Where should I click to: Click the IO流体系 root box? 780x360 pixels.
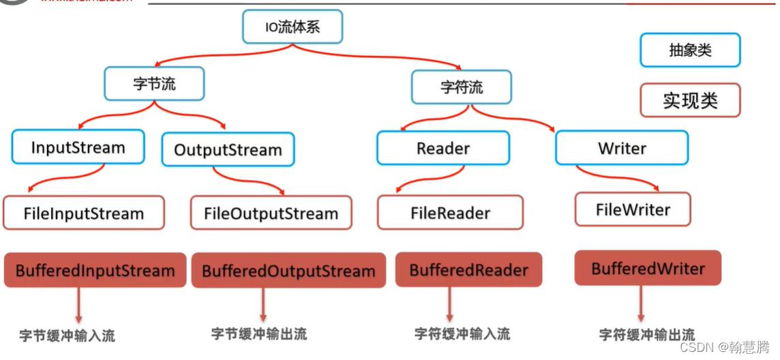click(x=292, y=28)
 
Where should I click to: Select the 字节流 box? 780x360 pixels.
click(x=154, y=84)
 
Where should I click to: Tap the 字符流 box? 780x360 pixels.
click(x=462, y=87)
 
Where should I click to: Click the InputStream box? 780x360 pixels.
click(x=78, y=147)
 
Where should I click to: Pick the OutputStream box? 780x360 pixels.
click(x=228, y=149)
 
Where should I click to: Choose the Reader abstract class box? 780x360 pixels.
click(x=443, y=148)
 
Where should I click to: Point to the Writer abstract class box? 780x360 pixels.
click(x=622, y=148)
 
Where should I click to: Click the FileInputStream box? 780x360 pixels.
click(x=84, y=213)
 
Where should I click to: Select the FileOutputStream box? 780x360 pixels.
click(x=271, y=213)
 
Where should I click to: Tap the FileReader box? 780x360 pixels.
click(x=450, y=213)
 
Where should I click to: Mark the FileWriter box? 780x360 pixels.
click(x=633, y=209)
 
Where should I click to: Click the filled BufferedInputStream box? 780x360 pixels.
click(x=95, y=270)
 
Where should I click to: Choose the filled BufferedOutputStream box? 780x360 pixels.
click(x=288, y=271)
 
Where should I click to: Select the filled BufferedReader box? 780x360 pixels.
click(x=468, y=269)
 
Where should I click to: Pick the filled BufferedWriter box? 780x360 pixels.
click(x=648, y=268)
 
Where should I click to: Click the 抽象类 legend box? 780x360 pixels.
click(x=690, y=50)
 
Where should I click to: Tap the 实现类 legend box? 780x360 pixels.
click(x=690, y=100)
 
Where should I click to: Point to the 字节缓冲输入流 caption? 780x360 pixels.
click(x=67, y=335)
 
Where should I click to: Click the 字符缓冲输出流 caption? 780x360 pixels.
click(x=646, y=335)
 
